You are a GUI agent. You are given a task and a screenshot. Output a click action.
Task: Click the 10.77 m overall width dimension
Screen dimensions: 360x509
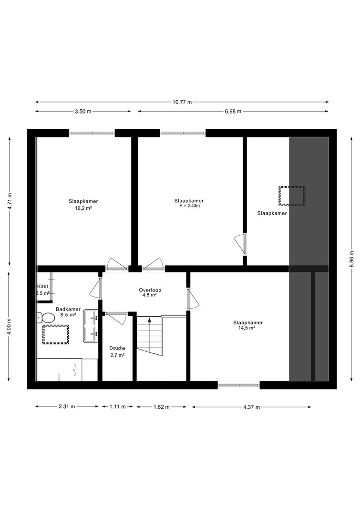coord(182,102)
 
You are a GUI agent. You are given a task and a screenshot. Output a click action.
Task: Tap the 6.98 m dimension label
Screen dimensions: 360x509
coord(233,111)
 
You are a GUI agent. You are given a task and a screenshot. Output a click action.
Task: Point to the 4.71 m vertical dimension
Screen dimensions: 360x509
coord(10,201)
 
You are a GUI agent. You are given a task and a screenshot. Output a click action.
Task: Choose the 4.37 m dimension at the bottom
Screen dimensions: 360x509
coord(251,407)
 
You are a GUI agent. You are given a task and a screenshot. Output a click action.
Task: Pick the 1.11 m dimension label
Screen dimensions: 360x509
coord(117,406)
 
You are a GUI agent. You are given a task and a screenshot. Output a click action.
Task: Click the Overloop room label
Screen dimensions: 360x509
coord(150,290)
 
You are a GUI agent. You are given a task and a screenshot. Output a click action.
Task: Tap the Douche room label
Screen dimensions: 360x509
coord(117,348)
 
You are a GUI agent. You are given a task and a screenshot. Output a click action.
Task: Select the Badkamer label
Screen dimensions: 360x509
coord(68,310)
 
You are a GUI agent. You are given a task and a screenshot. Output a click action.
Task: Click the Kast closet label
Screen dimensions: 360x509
coord(43,286)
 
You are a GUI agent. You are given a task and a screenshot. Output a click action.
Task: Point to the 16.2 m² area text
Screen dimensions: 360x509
coord(83,208)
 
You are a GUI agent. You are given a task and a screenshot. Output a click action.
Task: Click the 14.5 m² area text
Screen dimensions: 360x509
coord(248,328)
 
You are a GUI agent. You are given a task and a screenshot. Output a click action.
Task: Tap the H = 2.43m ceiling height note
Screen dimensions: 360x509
coord(189,206)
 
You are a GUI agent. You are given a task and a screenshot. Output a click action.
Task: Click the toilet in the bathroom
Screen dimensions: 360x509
coord(45,317)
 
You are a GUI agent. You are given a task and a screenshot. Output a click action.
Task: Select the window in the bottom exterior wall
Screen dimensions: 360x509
coord(239,385)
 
